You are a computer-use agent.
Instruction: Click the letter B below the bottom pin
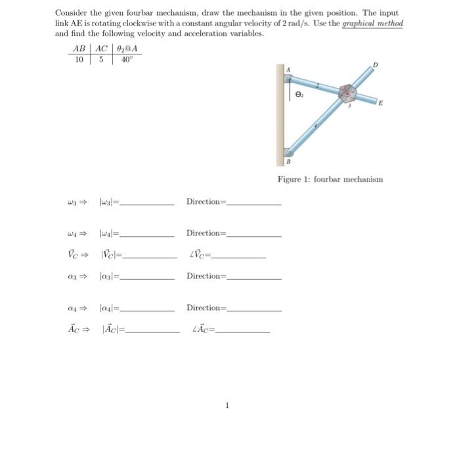(x=288, y=161)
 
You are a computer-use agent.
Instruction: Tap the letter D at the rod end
(x=376, y=64)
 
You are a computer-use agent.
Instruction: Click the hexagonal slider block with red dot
(x=347, y=94)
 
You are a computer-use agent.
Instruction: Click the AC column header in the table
(x=102, y=49)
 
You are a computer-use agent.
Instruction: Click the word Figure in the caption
(x=290, y=179)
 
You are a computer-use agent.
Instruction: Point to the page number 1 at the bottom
(x=227, y=405)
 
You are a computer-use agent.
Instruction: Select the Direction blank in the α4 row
(x=253, y=310)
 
